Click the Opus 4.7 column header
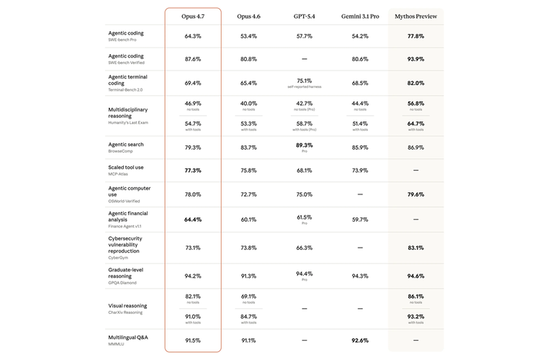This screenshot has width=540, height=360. [x=192, y=16]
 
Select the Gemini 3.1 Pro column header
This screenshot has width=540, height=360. [x=360, y=16]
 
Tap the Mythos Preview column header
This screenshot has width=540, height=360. [x=415, y=16]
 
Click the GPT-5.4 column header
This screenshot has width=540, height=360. [x=304, y=16]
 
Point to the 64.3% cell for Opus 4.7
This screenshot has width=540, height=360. [x=192, y=36]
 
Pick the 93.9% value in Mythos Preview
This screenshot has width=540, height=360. [x=415, y=59]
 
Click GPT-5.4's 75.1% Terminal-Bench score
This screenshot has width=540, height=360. [x=304, y=81]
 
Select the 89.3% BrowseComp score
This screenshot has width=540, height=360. [x=304, y=145]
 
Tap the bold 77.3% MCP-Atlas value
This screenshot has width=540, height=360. [x=192, y=171]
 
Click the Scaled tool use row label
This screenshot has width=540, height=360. [x=126, y=167]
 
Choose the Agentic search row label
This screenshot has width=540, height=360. [x=126, y=145]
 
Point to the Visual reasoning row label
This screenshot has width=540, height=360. [x=127, y=305]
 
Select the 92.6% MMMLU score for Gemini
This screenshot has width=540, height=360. [x=360, y=341]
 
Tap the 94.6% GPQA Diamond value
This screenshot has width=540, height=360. [x=415, y=276]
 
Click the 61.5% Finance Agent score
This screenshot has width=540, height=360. [x=304, y=217]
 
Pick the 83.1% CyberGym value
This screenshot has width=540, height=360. [x=415, y=248]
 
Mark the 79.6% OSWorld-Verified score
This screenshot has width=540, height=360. [x=415, y=194]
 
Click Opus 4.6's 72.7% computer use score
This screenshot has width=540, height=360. [x=248, y=194]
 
